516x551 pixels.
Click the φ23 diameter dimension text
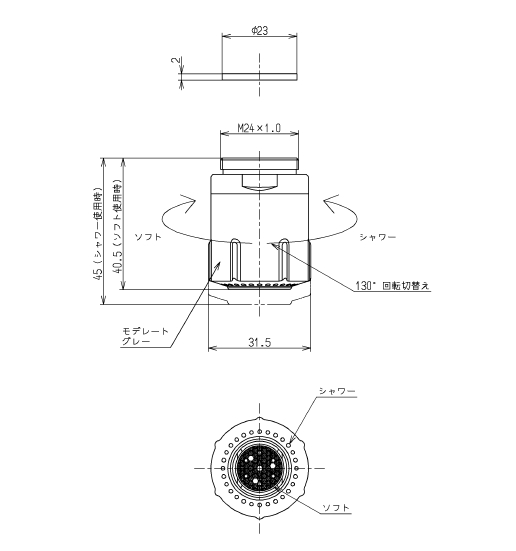tap(259, 31)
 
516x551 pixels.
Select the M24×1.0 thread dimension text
tap(259, 128)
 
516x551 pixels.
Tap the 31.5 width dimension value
tap(260, 342)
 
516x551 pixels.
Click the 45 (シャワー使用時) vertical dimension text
tap(98, 234)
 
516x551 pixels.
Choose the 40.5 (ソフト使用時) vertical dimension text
tap(117, 227)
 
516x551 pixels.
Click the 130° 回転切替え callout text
tap(392, 285)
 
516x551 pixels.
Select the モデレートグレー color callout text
tap(145, 336)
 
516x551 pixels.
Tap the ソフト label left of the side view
tap(148, 236)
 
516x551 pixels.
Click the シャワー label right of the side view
tap(378, 237)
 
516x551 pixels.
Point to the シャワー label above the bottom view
tap(337, 391)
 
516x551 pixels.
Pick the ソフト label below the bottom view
tap(336, 507)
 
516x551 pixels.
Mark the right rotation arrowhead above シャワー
tap(331, 203)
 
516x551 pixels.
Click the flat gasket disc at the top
tap(259, 77)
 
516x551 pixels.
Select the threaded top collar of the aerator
tap(259, 164)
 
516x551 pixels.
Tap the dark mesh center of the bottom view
tap(259, 468)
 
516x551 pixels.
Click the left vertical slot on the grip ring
tap(236, 258)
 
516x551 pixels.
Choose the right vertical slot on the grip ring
tap(284, 258)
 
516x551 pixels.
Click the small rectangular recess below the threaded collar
tap(259, 181)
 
